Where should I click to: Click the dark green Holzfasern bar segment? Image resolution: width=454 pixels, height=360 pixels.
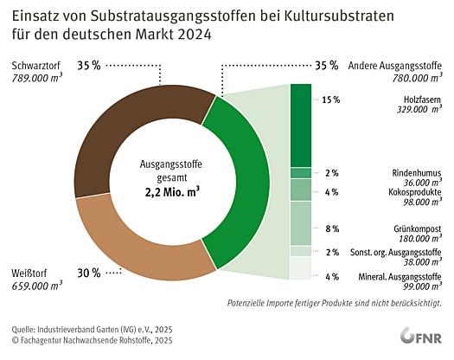(300, 125)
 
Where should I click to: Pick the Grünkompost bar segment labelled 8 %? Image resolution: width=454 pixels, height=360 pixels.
(300, 222)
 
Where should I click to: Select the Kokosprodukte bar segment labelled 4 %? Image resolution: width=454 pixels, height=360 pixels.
(300, 189)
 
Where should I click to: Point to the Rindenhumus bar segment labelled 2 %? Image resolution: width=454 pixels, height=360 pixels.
(300, 172)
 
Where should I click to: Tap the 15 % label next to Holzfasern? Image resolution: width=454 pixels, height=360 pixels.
(330, 100)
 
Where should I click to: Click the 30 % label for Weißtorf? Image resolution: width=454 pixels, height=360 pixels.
(89, 273)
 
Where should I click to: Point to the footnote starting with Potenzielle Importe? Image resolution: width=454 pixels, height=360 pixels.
(335, 303)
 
